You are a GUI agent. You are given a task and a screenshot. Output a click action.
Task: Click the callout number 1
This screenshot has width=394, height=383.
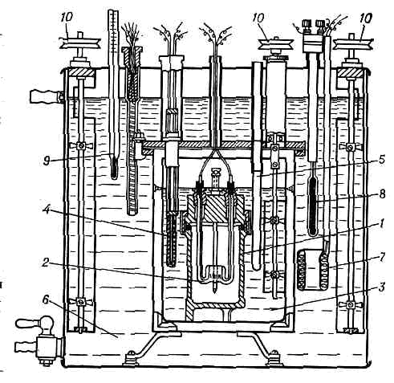[x=382, y=223]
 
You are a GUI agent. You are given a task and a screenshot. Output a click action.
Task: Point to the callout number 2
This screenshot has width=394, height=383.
[x=46, y=263]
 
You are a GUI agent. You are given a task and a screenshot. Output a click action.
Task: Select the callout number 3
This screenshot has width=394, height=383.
[x=382, y=287]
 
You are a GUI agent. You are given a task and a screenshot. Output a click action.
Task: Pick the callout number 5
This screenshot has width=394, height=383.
[x=382, y=160]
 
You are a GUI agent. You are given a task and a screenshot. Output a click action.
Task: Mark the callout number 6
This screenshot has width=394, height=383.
[x=46, y=299]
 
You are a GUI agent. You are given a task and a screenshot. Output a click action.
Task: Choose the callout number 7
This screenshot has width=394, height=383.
[x=382, y=257]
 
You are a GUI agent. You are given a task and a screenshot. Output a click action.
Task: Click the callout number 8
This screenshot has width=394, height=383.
[x=382, y=194]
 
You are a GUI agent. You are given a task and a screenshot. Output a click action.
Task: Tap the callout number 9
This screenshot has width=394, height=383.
[x=47, y=161]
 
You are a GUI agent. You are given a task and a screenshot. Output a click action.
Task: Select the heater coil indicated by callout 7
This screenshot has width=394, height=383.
[x=313, y=270]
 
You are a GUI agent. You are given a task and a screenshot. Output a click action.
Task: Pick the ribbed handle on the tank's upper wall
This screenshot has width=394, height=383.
[x=44, y=96]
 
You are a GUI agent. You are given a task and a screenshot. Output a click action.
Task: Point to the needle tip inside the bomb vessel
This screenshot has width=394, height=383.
[x=215, y=291]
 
